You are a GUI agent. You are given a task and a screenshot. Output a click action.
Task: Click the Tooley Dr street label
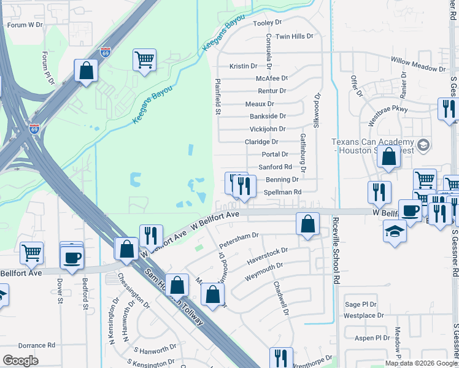[x=267, y=23]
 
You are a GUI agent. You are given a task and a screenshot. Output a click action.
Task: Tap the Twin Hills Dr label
[x=295, y=37]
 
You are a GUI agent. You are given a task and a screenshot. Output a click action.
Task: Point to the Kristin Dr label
[x=243, y=66]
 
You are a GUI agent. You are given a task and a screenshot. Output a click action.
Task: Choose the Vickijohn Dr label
[x=268, y=129]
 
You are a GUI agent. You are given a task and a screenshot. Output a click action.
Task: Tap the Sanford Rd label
[x=275, y=167]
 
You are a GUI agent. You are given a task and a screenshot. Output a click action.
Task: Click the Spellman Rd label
[x=282, y=192]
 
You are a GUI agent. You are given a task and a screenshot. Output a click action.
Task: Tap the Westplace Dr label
[x=364, y=316]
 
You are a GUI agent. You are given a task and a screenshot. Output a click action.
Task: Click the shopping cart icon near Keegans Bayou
[x=145, y=60]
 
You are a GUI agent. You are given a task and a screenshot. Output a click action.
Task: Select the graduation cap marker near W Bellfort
[x=395, y=232]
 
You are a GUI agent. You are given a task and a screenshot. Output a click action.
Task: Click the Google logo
[x=20, y=361]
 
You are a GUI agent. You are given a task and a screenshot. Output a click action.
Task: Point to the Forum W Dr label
[x=25, y=25]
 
